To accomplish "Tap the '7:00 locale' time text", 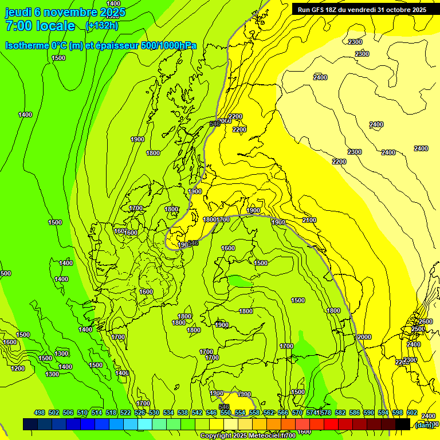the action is tap(40, 26).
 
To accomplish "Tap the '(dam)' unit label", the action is tap(424, 425).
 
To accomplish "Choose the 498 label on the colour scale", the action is tap(40, 413).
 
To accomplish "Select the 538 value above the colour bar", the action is tap(183, 413).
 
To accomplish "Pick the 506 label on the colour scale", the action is tap(68, 413).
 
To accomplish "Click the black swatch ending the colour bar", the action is tap(403, 424).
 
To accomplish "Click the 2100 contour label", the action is tap(309, 221).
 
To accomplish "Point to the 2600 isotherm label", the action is tap(426, 321).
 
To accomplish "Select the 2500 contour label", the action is tap(418, 329).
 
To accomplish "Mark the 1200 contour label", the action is tap(18, 368).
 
